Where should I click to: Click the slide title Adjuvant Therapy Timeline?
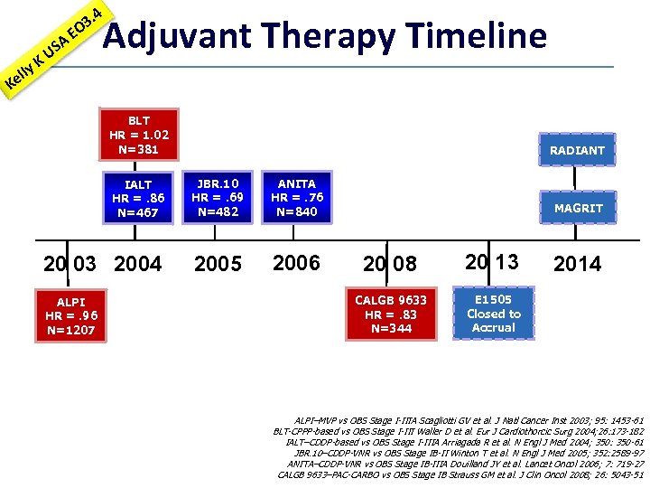tap(325, 36)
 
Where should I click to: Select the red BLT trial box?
tap(139, 135)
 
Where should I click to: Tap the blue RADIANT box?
tap(577, 150)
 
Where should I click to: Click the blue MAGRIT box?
tap(578, 208)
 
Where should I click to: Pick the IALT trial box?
tap(139, 199)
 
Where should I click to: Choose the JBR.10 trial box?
tap(218, 198)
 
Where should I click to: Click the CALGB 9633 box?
tap(391, 314)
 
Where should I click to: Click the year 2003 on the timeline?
tap(70, 264)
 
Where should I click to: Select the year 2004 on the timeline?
tap(138, 264)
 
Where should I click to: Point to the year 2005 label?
tap(218, 264)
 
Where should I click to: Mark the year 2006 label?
tap(296, 263)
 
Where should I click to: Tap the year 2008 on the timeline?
tap(391, 264)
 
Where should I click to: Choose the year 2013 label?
tap(493, 262)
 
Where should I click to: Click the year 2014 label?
tap(577, 264)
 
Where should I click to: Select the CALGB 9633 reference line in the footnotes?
tap(461, 474)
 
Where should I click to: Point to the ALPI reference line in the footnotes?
tap(469, 420)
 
